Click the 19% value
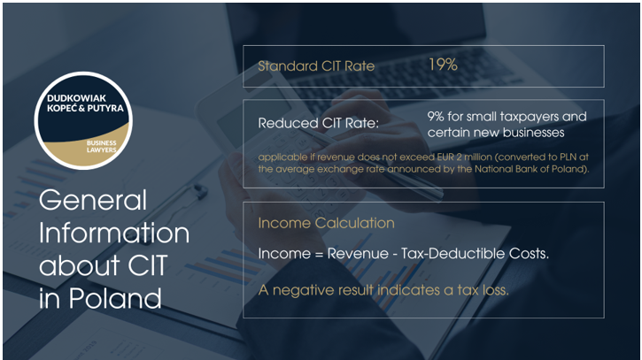tap(442, 65)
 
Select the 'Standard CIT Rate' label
tap(316, 65)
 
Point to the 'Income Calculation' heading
tap(326, 223)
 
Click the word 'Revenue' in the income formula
tap(353, 254)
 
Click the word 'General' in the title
tap(93, 203)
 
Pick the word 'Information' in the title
tap(114, 234)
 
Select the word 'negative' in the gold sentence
tap(301, 288)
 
